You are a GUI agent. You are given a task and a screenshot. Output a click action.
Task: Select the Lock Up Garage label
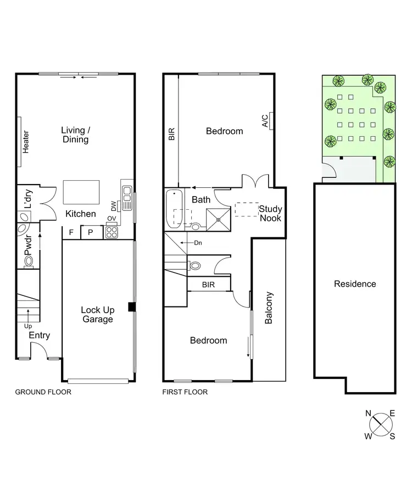[x=97, y=314]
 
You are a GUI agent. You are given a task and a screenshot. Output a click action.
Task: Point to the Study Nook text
[x=270, y=213]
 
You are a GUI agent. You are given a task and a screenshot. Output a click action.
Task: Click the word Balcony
[x=269, y=308]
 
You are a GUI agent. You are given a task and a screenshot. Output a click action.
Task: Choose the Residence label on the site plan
[x=355, y=283]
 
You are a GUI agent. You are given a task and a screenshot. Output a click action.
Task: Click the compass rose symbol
[x=380, y=423]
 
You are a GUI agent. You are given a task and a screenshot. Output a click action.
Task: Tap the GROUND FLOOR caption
[x=43, y=392]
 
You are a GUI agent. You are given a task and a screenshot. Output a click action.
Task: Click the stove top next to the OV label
[x=112, y=232]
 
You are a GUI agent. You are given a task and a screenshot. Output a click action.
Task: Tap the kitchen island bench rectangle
[x=81, y=192]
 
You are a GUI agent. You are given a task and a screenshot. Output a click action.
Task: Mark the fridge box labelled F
[x=71, y=232]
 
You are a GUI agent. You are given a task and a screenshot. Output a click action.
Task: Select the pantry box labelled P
[x=91, y=232]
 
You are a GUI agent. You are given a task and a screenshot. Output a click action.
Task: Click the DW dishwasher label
[x=114, y=207]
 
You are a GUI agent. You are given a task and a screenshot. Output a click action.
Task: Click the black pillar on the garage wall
[x=131, y=307]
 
